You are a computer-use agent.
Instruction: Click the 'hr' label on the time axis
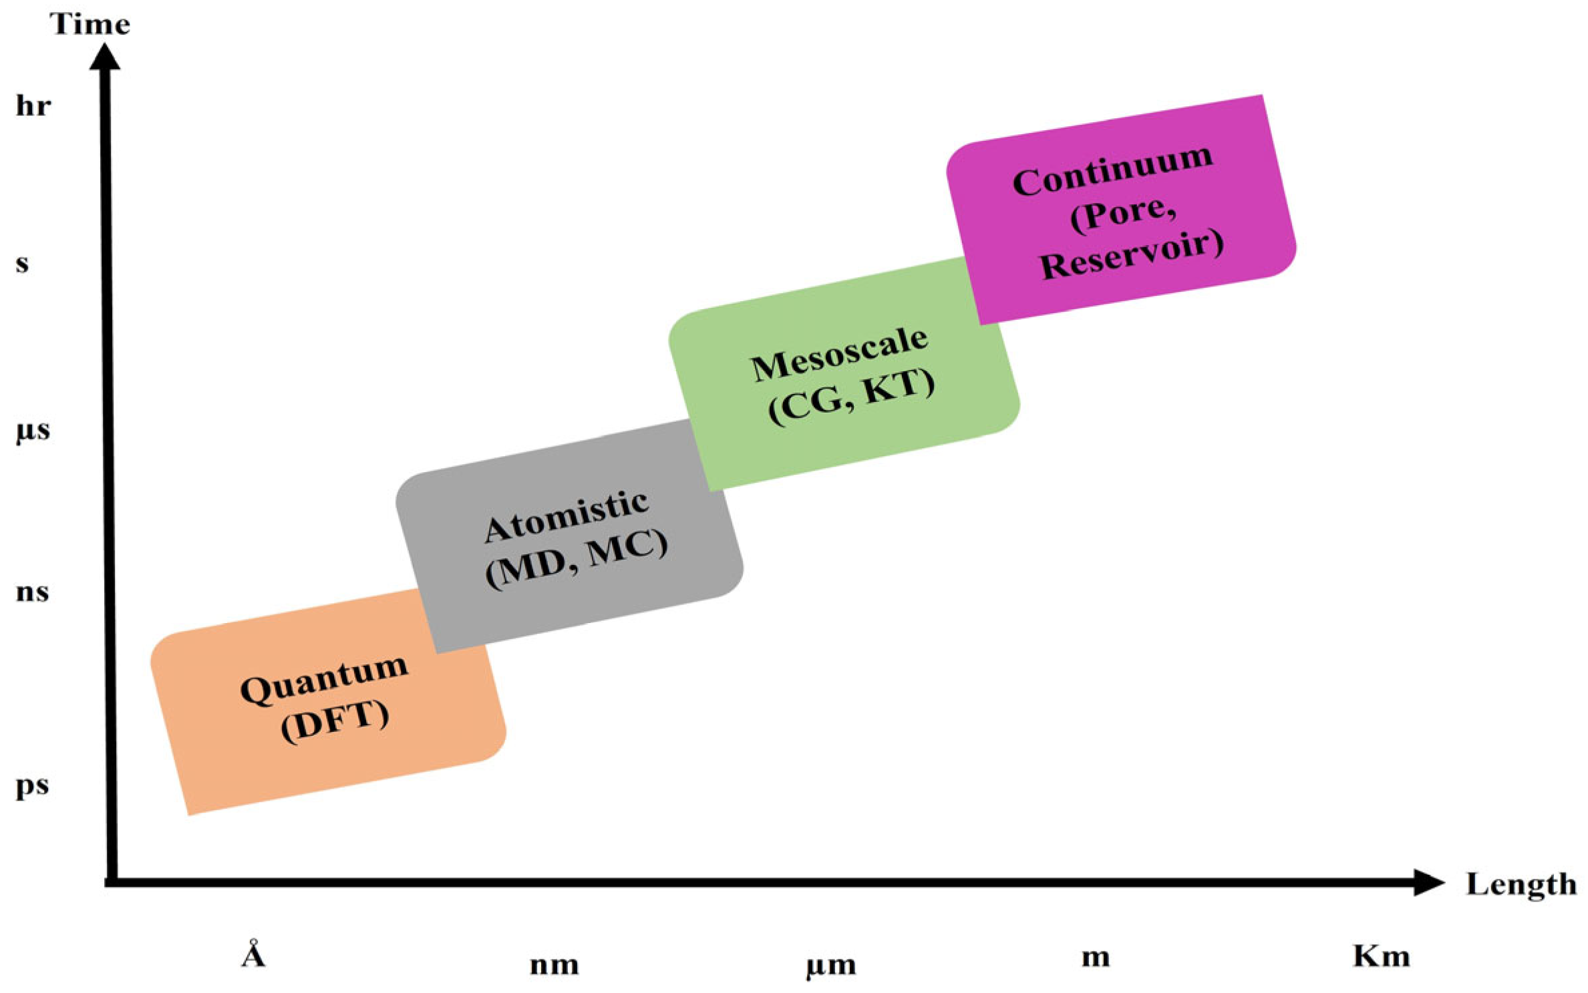(x=33, y=106)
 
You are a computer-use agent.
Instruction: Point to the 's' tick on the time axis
(x=23, y=264)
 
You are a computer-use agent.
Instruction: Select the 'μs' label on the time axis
(x=33, y=431)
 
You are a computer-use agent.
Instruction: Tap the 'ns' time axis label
(x=32, y=592)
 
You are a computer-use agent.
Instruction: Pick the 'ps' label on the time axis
(x=32, y=786)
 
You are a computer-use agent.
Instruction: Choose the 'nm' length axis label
(x=554, y=965)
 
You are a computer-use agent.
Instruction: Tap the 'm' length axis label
(x=1096, y=958)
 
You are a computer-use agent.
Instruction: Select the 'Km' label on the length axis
(x=1381, y=956)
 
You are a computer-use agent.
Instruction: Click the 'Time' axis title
(x=90, y=25)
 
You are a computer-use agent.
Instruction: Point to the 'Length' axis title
(x=1521, y=885)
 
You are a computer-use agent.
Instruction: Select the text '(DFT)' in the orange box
(x=335, y=720)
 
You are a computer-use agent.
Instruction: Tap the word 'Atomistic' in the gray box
(x=566, y=516)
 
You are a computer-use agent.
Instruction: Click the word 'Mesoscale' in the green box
(x=839, y=355)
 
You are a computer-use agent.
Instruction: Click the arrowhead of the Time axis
(x=105, y=57)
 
